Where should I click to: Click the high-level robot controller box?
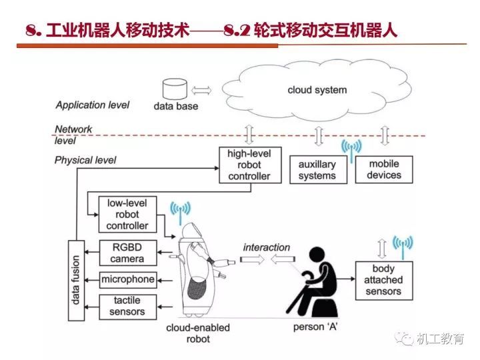(x=249, y=165)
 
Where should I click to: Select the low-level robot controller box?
(x=127, y=214)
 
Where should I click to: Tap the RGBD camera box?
(x=127, y=253)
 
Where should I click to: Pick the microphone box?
(x=127, y=279)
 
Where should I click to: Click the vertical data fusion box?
(x=77, y=281)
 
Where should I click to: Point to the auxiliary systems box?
(x=317, y=170)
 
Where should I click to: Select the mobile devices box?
(x=384, y=169)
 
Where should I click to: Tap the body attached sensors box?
(x=383, y=280)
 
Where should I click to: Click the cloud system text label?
(x=317, y=89)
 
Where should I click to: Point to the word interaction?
(x=267, y=247)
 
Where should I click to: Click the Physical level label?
(x=85, y=160)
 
